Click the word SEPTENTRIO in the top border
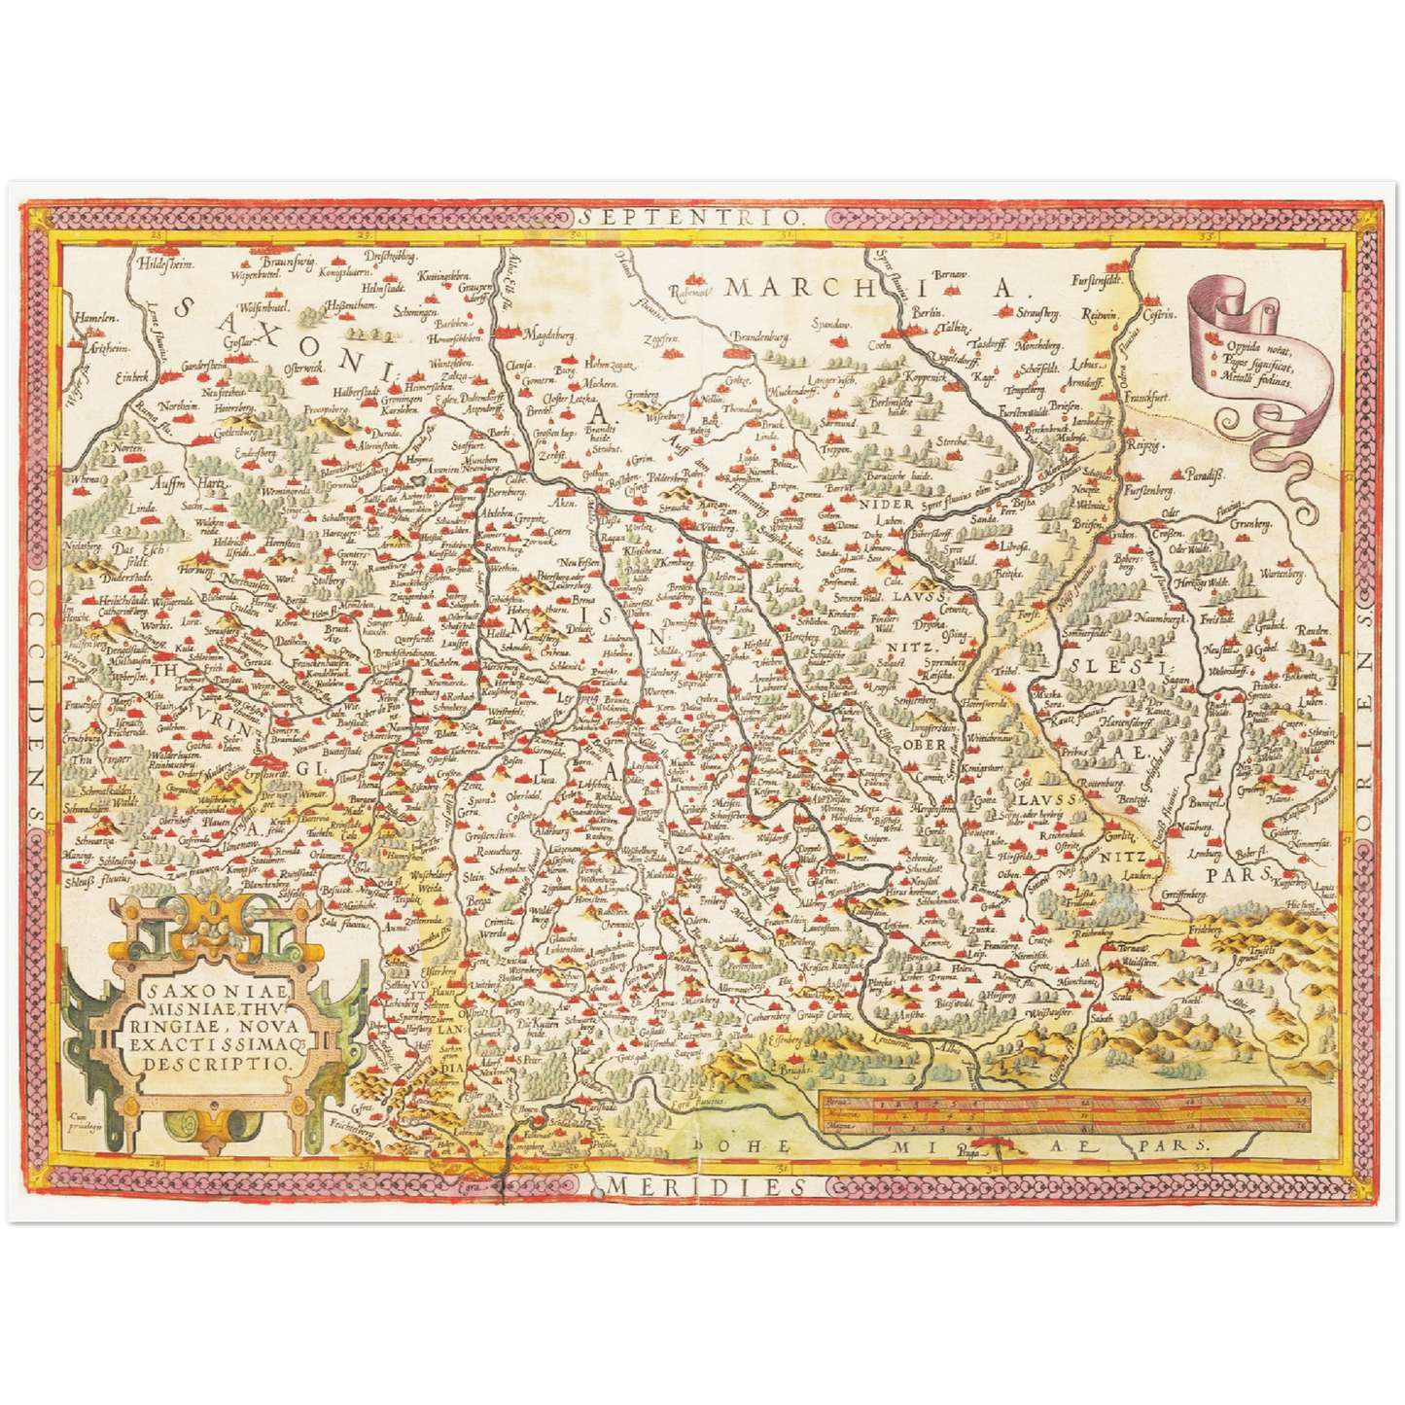click(694, 216)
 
